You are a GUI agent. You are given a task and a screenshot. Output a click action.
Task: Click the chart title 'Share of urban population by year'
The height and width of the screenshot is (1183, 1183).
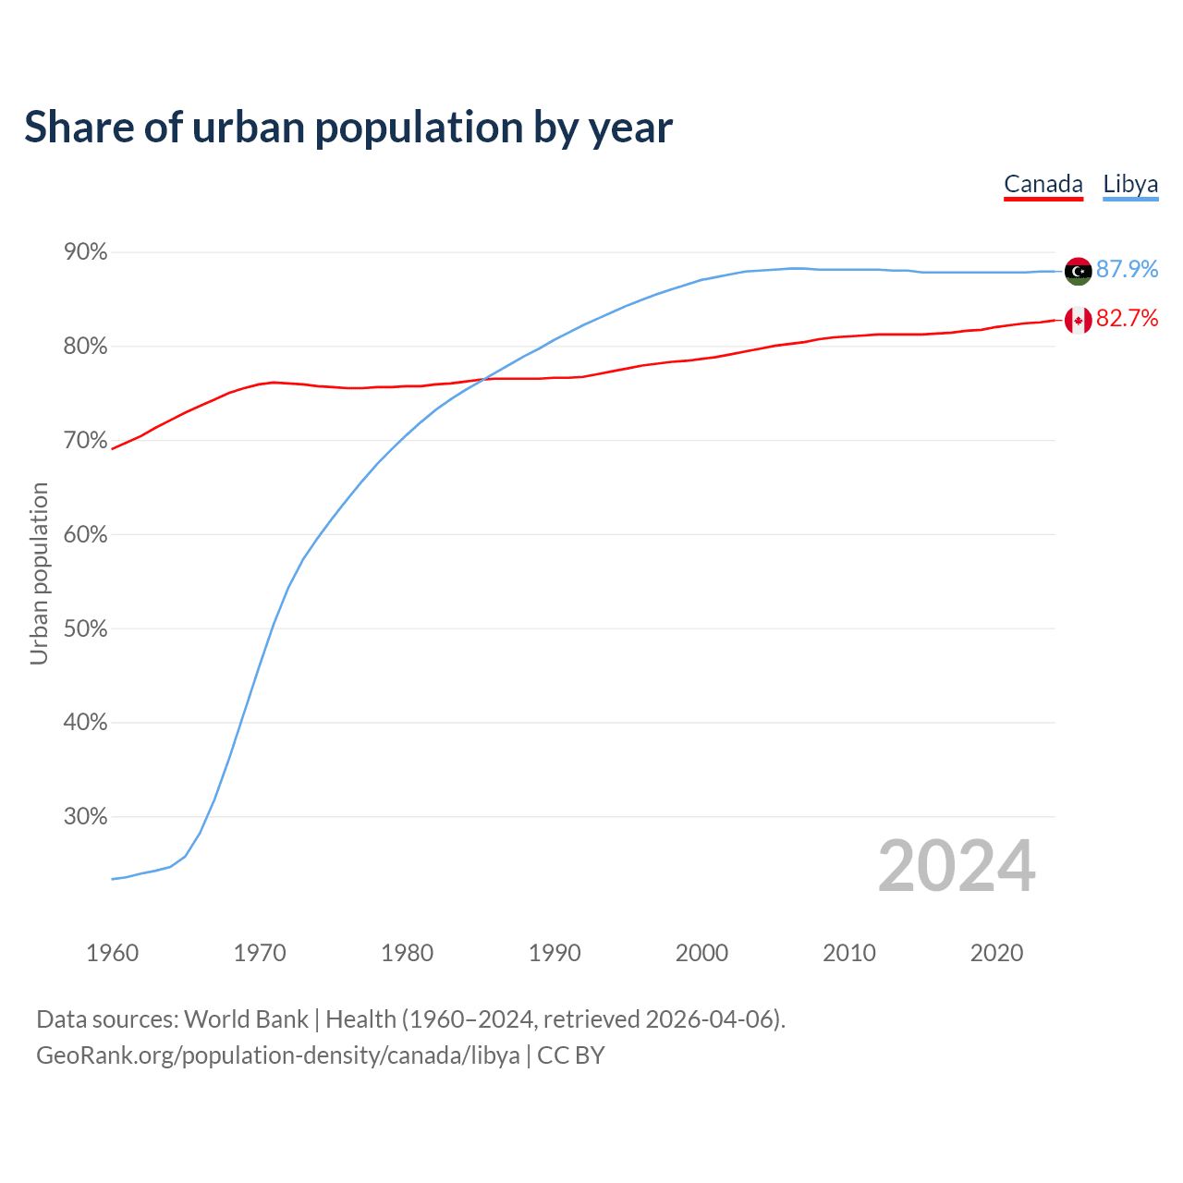click(348, 128)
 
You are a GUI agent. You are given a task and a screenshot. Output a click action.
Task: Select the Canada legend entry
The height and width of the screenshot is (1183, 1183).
click(1043, 184)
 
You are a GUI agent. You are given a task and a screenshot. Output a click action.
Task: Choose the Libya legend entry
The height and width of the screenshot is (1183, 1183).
click(1130, 184)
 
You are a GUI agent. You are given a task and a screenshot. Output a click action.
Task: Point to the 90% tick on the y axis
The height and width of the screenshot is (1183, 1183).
click(85, 252)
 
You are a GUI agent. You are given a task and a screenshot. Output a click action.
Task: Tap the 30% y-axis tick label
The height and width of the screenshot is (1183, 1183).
click(85, 817)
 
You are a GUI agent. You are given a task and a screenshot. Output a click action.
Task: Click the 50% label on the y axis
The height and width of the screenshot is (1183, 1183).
click(85, 628)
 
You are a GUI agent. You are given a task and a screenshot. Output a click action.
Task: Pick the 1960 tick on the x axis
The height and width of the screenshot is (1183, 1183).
click(112, 953)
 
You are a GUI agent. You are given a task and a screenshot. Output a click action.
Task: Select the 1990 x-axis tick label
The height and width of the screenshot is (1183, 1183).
click(555, 953)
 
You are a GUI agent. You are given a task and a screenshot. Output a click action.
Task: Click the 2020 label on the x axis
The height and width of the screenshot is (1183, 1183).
click(996, 953)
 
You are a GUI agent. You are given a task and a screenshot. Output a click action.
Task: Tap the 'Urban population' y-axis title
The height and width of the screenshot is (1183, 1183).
click(39, 573)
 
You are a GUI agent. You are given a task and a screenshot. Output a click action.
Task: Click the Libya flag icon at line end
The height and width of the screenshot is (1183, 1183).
click(1078, 271)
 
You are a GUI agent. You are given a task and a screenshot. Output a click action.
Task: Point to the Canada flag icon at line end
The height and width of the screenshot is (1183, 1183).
click(1078, 321)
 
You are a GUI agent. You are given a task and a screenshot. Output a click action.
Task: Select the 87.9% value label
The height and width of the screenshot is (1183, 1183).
click(1127, 269)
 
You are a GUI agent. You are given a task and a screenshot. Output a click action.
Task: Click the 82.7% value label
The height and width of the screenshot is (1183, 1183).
click(1127, 319)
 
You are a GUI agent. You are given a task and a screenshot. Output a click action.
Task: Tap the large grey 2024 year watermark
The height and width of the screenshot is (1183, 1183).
click(957, 866)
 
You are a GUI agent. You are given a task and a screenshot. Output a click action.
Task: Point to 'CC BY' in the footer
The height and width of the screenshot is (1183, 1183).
click(571, 1055)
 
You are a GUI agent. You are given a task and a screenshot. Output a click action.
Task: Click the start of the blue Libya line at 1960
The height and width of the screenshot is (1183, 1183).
click(113, 879)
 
